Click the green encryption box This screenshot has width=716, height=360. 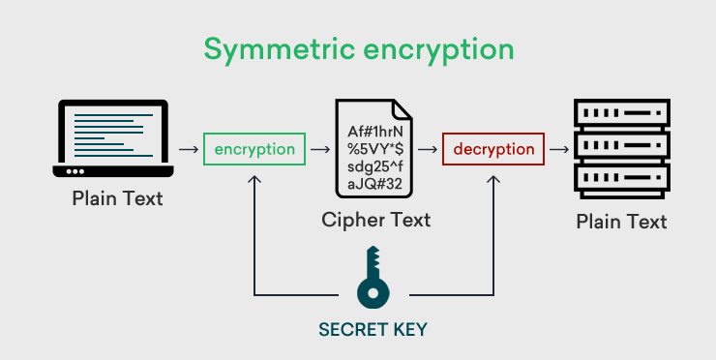point(254,150)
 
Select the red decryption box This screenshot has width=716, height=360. point(493,150)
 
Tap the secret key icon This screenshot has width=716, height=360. point(373,279)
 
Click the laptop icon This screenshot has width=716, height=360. point(114,138)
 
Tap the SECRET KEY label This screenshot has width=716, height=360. point(373,329)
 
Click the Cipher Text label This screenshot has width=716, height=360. point(376,221)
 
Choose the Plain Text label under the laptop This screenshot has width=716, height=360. point(117,199)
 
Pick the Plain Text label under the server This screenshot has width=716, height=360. point(621,222)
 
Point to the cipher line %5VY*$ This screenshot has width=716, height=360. point(375,150)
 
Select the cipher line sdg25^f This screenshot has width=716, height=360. point(375,168)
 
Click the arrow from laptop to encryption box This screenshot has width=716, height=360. point(187,151)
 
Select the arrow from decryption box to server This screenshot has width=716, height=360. point(558,151)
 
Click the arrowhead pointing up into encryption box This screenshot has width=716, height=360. point(254,179)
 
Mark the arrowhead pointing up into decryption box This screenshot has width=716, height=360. point(493,179)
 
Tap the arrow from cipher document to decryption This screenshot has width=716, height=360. point(427,151)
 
